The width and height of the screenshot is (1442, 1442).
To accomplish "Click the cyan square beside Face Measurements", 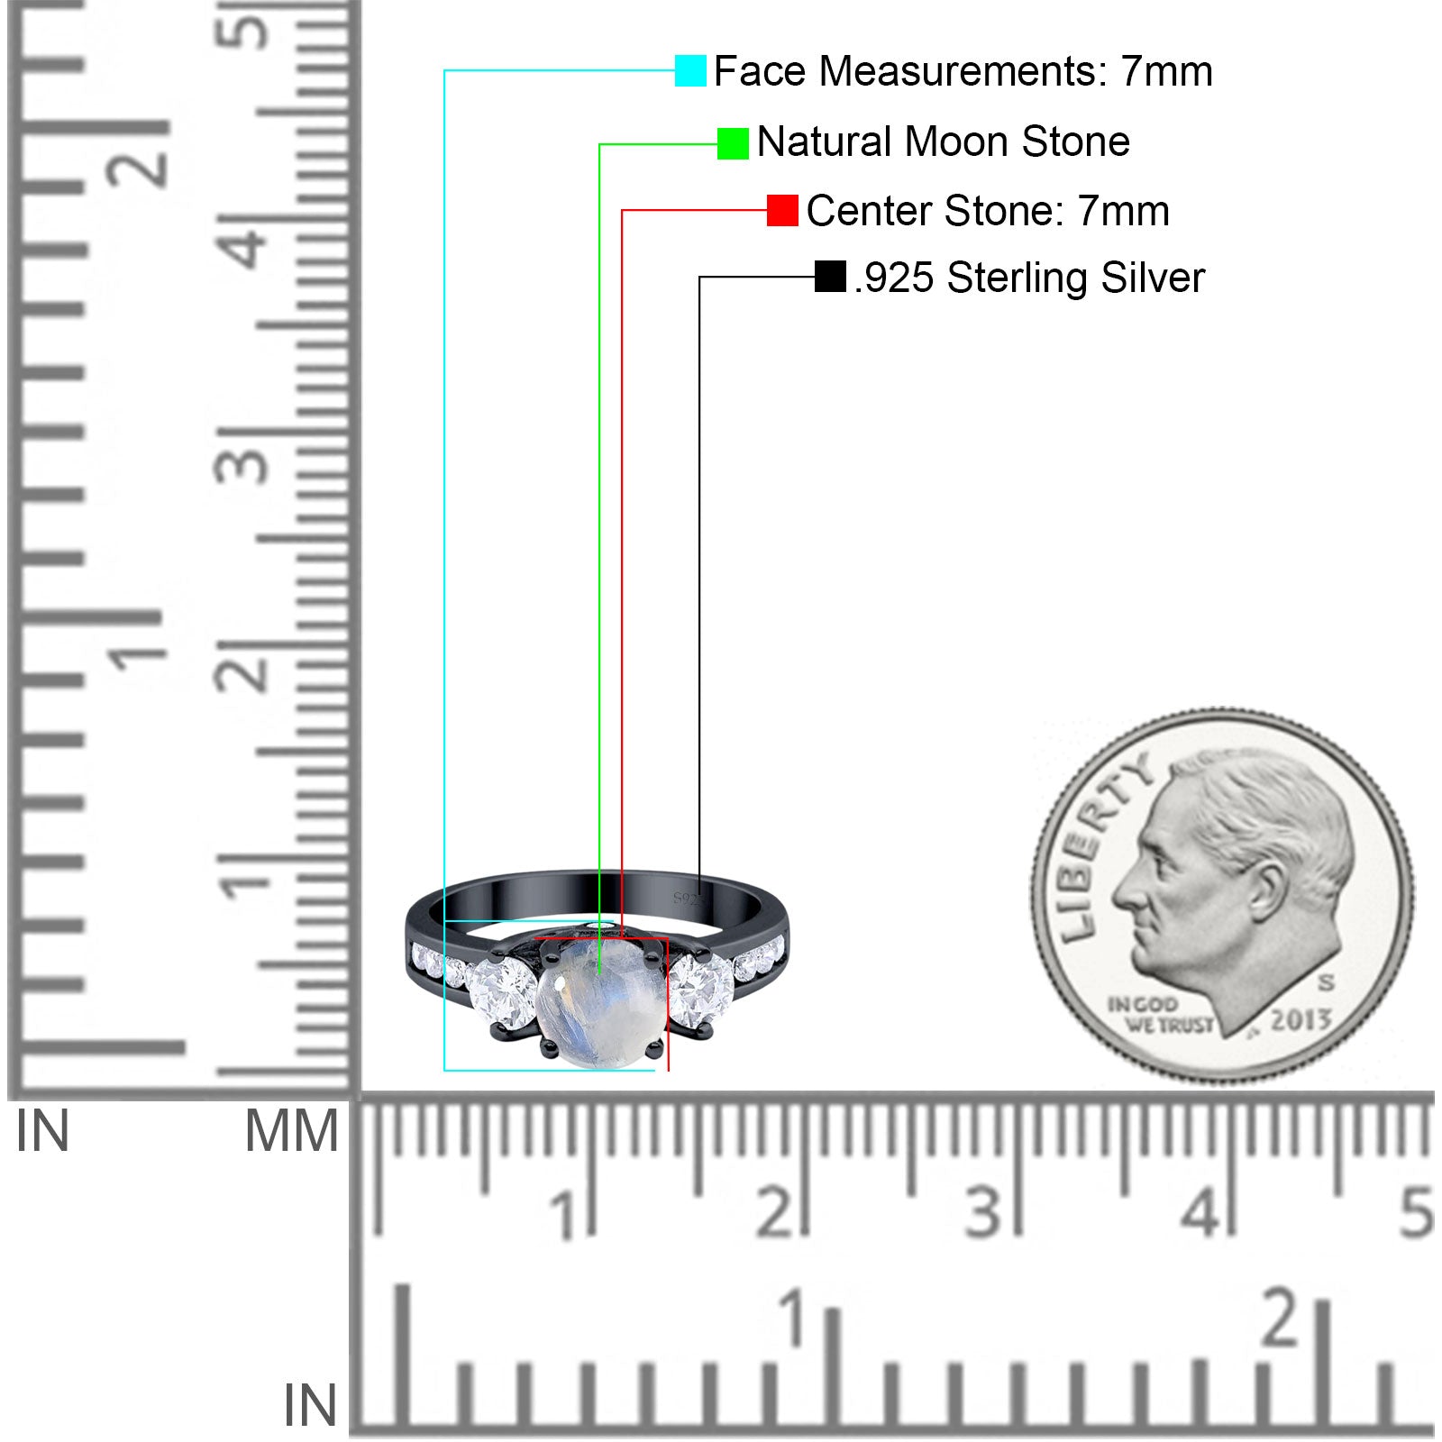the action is click(690, 70).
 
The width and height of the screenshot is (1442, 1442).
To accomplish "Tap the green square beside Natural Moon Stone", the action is click(733, 143).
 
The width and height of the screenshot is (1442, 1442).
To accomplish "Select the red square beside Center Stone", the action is click(782, 210).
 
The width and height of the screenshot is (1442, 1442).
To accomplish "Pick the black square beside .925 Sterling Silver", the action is click(830, 277).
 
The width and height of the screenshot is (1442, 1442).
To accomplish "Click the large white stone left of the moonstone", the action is click(503, 993).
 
